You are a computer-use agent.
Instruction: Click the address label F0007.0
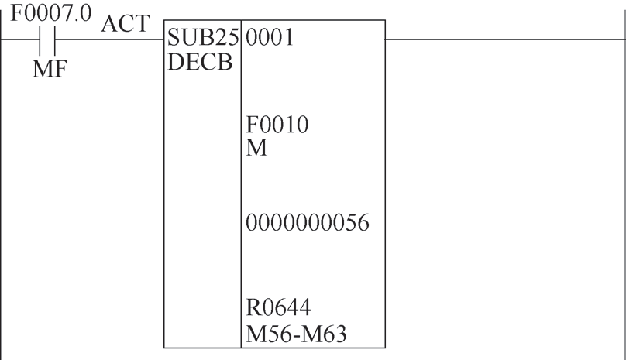click(x=50, y=13)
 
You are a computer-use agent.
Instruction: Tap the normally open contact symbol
click(x=47, y=40)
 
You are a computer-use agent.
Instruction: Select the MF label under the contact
click(x=50, y=69)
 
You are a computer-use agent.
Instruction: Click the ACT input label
click(x=126, y=23)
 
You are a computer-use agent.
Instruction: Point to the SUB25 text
click(x=203, y=37)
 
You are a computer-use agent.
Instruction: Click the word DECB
click(x=200, y=62)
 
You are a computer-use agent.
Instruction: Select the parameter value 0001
click(x=270, y=37)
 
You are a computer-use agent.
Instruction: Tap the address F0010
click(x=277, y=125)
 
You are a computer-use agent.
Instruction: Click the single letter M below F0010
click(x=256, y=148)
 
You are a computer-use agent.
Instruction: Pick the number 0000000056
click(x=308, y=223)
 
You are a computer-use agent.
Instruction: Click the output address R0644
click(x=278, y=307)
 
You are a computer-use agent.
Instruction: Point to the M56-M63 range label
click(x=296, y=334)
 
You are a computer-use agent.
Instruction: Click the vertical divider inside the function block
click(x=241, y=183)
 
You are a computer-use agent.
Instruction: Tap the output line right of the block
click(x=504, y=39)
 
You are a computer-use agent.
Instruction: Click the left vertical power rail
click(x=1, y=183)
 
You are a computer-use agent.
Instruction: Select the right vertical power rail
click(x=624, y=183)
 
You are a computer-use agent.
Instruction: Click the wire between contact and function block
click(x=109, y=39)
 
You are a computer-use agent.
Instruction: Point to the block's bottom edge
click(x=275, y=348)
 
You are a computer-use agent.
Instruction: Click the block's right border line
click(x=385, y=183)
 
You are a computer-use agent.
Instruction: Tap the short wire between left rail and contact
click(x=20, y=39)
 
